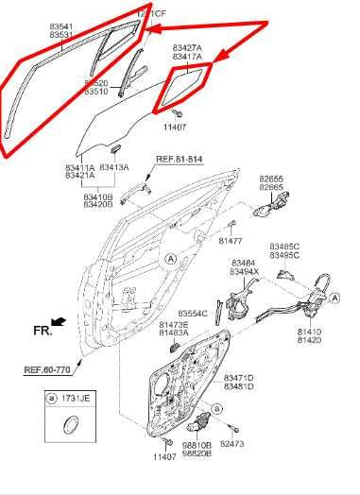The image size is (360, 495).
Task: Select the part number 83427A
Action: coord(187,47)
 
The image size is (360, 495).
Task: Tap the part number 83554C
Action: coord(192,314)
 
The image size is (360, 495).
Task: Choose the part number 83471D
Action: coord(239,377)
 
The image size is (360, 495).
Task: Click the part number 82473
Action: coord(232,442)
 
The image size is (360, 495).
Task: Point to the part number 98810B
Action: coord(197,445)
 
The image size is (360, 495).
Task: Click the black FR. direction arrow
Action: coord(60,323)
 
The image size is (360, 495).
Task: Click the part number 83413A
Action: coord(114,167)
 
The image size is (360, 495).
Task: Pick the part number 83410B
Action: coord(97,196)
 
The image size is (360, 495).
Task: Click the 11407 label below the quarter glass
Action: coord(174,127)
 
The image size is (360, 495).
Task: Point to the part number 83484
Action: coord(243,263)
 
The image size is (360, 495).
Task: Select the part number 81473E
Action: coord(173,325)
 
